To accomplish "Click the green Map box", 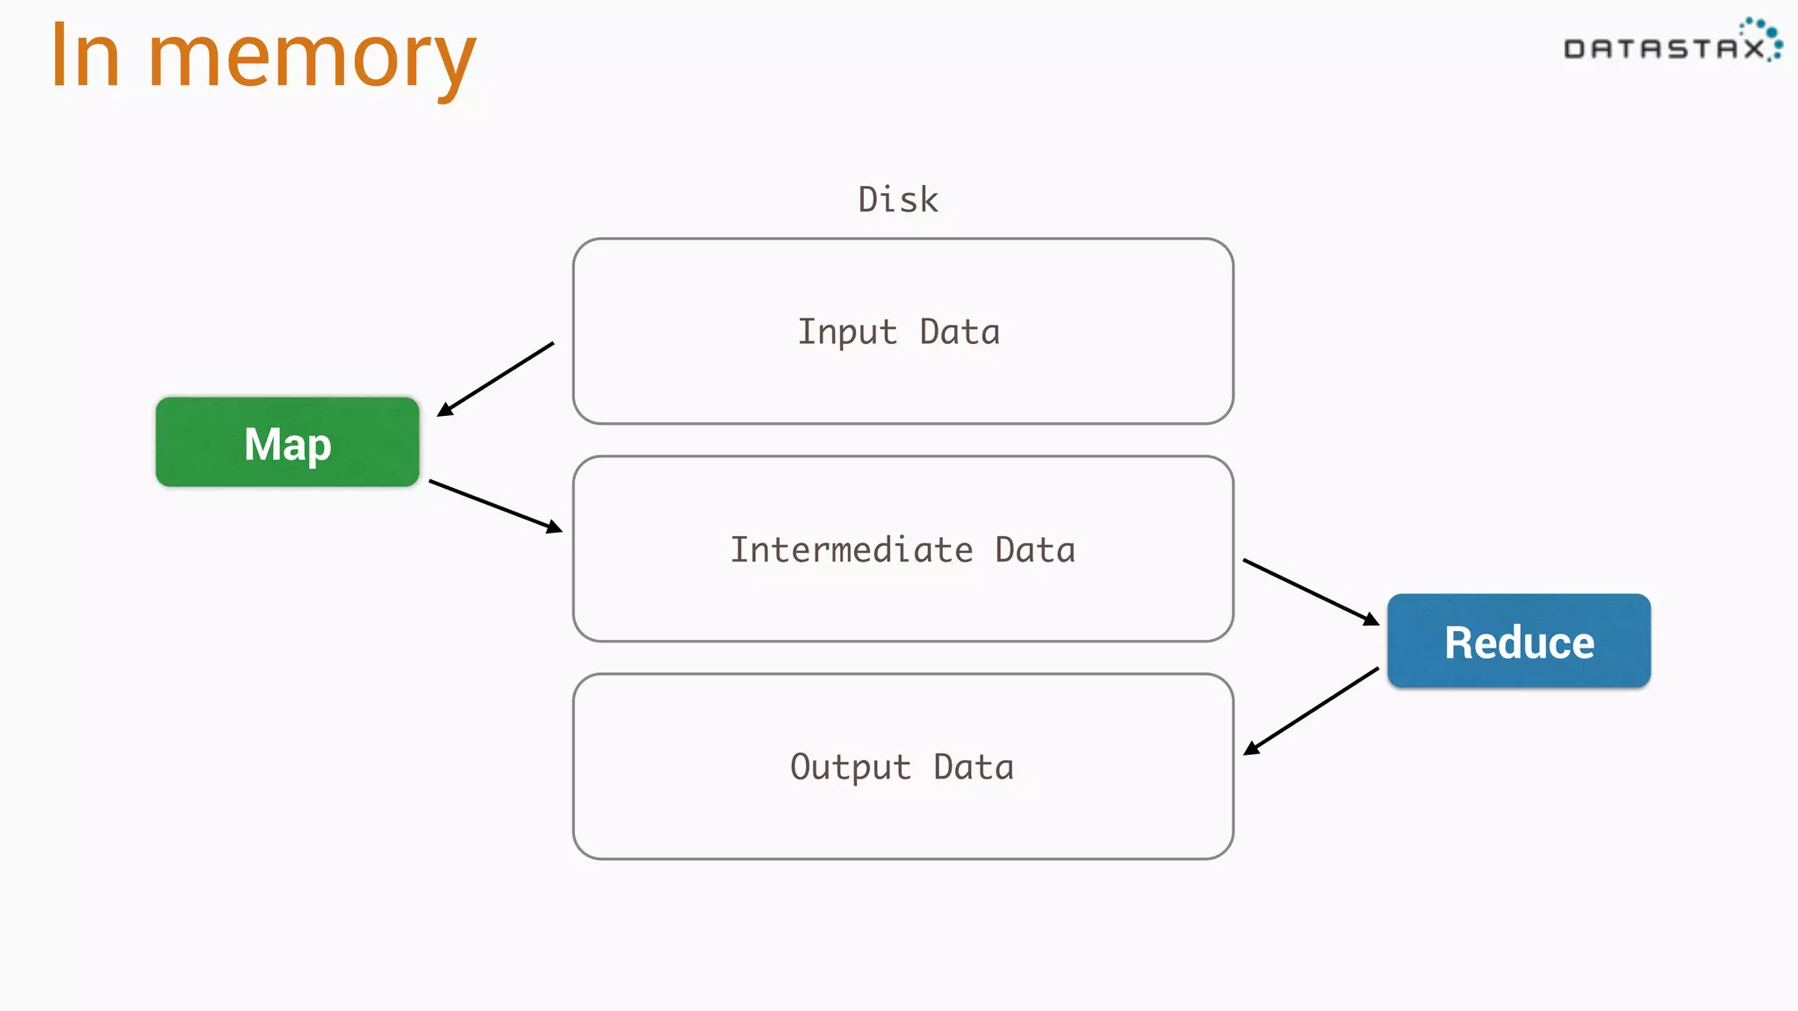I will coord(287,442).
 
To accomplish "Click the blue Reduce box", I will coord(1519,642).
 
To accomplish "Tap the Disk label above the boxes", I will coord(897,200).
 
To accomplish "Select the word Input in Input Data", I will coord(846,333).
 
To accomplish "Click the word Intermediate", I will coord(851,550).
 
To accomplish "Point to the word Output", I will coord(850,768).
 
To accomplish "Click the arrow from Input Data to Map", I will coord(496,379).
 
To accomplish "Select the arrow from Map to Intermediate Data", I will coord(495,505).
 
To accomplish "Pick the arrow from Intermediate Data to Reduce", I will coord(1311,592).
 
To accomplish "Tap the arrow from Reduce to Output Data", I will coord(1311,711).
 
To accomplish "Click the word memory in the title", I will coord(312,57).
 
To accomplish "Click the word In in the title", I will coord(84,57).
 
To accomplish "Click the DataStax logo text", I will coord(1664,49).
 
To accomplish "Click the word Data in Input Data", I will coord(960,333).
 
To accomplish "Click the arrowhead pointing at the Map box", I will coord(445,410).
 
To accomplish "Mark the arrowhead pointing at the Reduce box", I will coord(1370,620).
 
